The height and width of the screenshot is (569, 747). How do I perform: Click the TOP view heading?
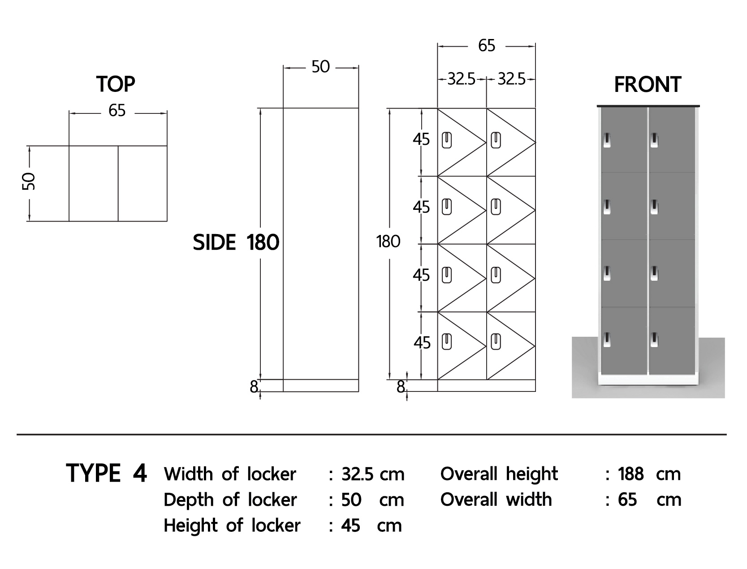tap(116, 84)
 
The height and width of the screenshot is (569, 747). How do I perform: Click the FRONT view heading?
tap(648, 84)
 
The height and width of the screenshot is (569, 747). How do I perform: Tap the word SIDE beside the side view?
tap(214, 243)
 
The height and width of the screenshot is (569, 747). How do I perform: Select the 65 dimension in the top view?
tap(117, 111)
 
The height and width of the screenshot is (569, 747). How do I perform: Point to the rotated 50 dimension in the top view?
tap(29, 182)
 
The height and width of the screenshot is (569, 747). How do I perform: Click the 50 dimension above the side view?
tap(320, 67)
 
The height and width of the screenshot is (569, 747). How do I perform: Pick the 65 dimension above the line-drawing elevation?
tap(487, 46)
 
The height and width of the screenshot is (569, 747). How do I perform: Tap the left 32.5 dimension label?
tap(461, 79)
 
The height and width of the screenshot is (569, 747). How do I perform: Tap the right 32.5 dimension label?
tap(511, 79)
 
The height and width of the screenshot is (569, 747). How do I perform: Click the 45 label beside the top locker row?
tap(421, 139)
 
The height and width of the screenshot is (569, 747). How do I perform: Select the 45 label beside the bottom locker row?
tap(422, 343)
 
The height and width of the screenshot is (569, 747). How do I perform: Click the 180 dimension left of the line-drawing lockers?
tap(389, 242)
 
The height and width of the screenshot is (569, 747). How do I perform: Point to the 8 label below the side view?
tap(254, 387)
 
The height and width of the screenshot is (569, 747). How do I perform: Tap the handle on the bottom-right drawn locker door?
tap(496, 342)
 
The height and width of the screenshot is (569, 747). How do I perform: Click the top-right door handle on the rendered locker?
tap(654, 140)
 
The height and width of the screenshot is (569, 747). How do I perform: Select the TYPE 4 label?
tap(107, 473)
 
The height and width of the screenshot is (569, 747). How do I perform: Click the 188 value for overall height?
tap(630, 474)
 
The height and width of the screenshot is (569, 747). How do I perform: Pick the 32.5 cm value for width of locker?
tap(373, 474)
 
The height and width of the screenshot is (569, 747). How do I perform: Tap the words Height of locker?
tap(232, 526)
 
